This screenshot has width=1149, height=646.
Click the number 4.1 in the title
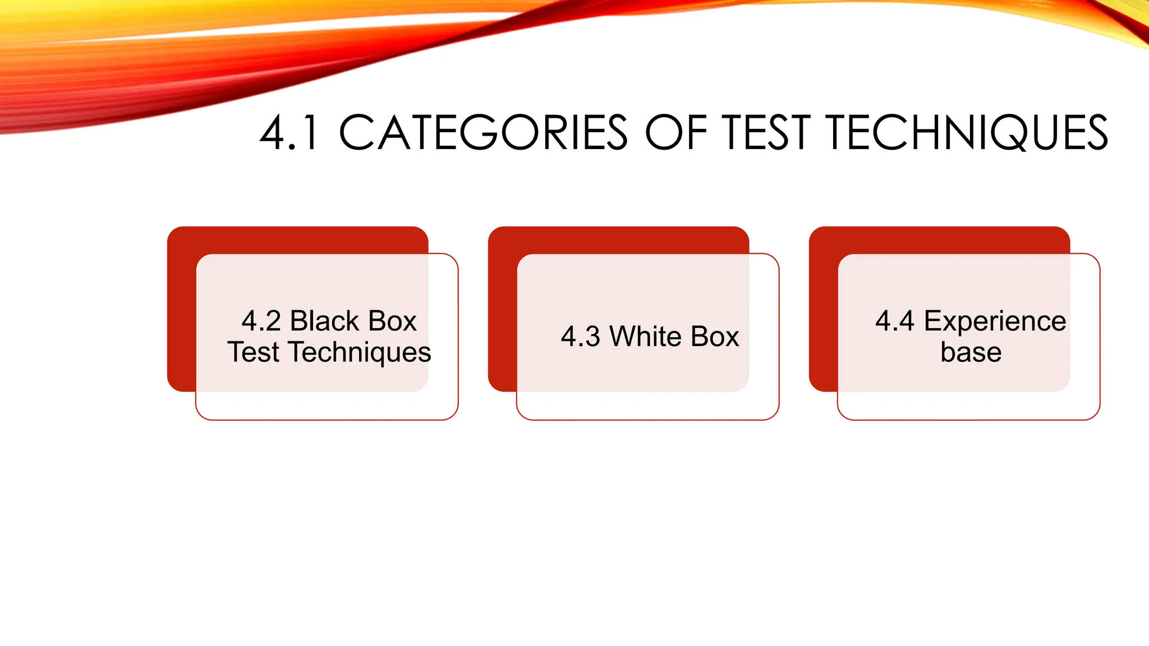(x=289, y=133)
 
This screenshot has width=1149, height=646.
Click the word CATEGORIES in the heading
(x=482, y=133)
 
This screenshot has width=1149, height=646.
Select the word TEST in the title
(x=766, y=133)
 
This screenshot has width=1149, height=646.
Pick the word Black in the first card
(x=324, y=321)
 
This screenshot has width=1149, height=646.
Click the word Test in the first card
(x=253, y=353)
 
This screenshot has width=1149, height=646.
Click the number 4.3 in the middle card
(x=580, y=337)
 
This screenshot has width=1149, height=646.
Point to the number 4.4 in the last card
(x=894, y=321)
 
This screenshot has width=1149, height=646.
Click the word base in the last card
(x=971, y=353)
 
